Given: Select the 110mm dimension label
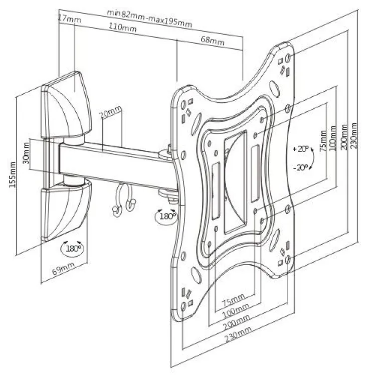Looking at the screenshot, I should click(123, 29).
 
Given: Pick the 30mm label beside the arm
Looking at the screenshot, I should click(25, 156).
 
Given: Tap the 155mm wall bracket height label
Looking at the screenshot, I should click(13, 173).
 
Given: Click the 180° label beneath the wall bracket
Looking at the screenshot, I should click(72, 247).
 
